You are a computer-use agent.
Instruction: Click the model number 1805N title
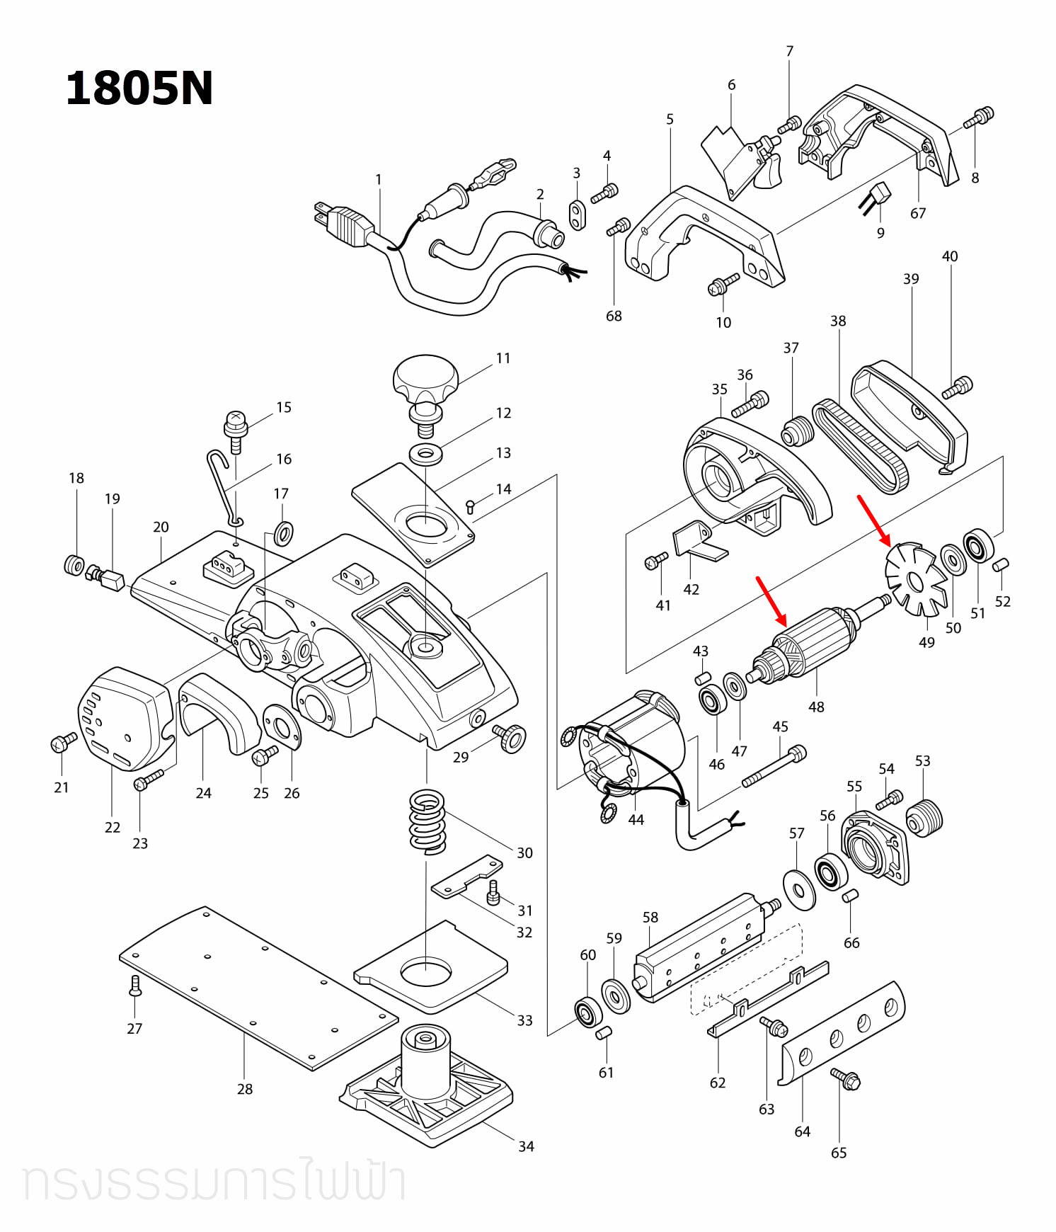click(x=139, y=89)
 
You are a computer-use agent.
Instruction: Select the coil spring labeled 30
click(x=427, y=821)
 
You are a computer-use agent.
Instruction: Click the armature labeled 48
click(x=814, y=641)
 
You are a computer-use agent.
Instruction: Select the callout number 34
click(x=526, y=1146)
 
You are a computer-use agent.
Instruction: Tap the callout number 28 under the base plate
click(x=245, y=1089)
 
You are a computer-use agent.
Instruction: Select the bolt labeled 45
click(x=774, y=768)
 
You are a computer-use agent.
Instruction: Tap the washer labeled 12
click(x=425, y=454)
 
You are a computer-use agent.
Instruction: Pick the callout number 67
click(x=918, y=213)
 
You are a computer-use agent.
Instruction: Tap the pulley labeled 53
click(x=924, y=818)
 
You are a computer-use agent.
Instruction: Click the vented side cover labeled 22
click(x=120, y=719)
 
